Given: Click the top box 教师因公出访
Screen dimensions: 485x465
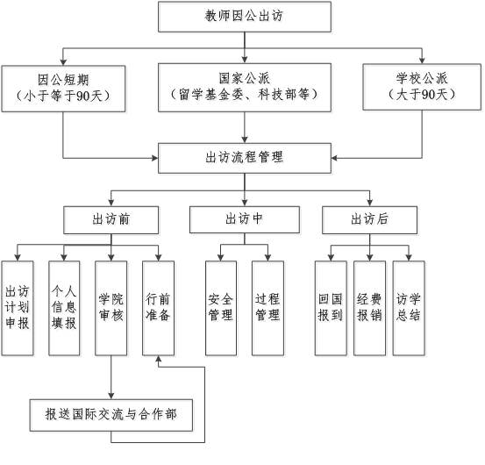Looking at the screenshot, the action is tap(245, 17).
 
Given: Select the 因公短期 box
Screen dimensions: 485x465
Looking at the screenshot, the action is tap(63, 89).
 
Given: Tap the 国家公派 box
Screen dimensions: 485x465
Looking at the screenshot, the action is tap(245, 88).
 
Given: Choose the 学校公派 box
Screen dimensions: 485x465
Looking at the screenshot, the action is tap(422, 87).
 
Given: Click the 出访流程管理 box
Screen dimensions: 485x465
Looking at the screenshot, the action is tap(245, 158).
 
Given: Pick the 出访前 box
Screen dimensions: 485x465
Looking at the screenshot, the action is tap(111, 220).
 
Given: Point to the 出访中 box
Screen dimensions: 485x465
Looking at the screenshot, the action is tap(245, 219).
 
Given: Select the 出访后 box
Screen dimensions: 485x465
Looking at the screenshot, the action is tap(369, 220).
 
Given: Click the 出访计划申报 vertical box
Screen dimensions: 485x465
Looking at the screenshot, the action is tap(18, 308).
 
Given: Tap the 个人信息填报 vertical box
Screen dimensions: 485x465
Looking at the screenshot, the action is tap(64, 308).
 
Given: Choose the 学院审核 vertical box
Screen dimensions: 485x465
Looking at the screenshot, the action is tap(111, 308).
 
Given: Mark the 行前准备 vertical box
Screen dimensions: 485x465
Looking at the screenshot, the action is tap(159, 308).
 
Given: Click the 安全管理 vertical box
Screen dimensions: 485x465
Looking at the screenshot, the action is tap(221, 308).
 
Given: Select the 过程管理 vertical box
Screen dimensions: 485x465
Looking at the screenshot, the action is tap(267, 308).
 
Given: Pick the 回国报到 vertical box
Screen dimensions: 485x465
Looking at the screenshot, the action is tap(331, 308).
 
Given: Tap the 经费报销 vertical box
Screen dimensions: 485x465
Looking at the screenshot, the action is tap(369, 308).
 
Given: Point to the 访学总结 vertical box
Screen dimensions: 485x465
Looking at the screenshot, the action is tap(409, 308).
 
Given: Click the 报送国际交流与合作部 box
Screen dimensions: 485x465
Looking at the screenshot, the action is tap(111, 415).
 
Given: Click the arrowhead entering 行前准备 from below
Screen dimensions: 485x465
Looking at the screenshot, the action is tap(159, 359).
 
